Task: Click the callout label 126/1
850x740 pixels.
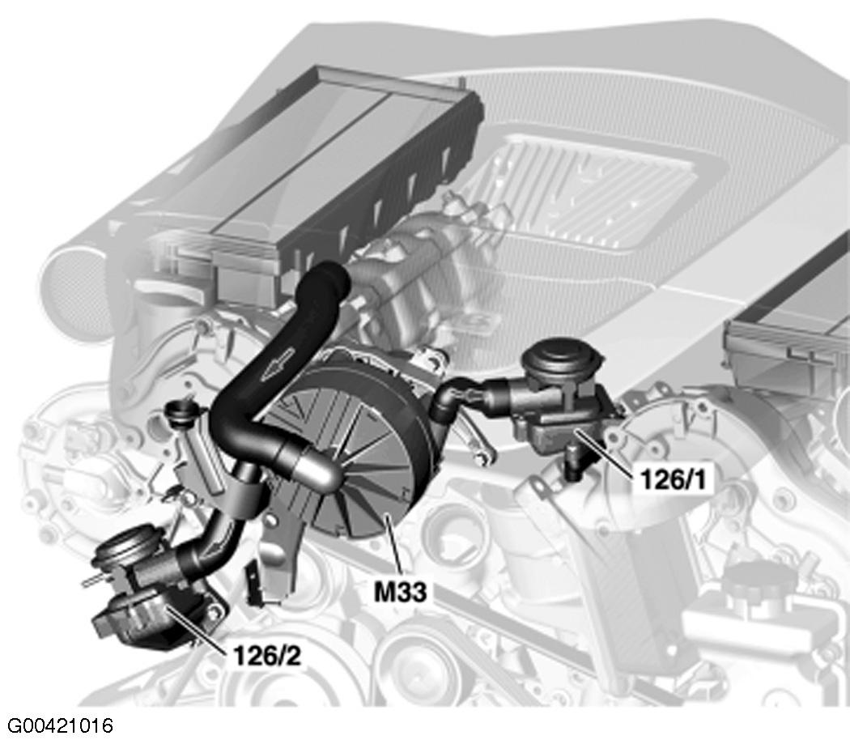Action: pos(674,479)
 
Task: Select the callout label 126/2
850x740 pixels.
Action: pos(266,656)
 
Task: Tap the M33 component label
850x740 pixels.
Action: pos(401,592)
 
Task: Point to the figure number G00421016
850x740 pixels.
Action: pos(60,725)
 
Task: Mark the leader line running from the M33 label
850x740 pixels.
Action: pos(393,544)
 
